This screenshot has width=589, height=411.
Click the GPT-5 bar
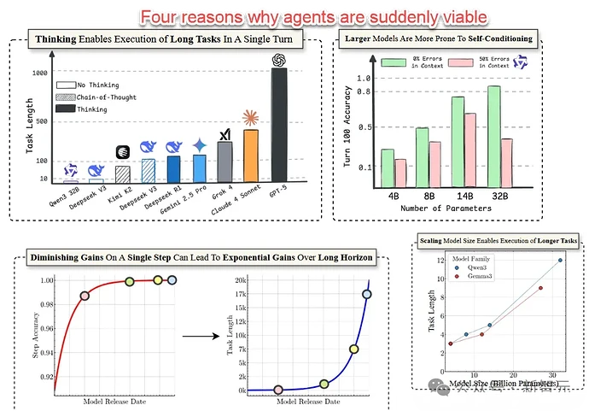278,125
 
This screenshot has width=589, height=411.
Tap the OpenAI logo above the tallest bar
278,60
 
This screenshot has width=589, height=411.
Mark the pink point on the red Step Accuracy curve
85,296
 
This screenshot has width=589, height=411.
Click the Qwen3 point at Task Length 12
560,260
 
